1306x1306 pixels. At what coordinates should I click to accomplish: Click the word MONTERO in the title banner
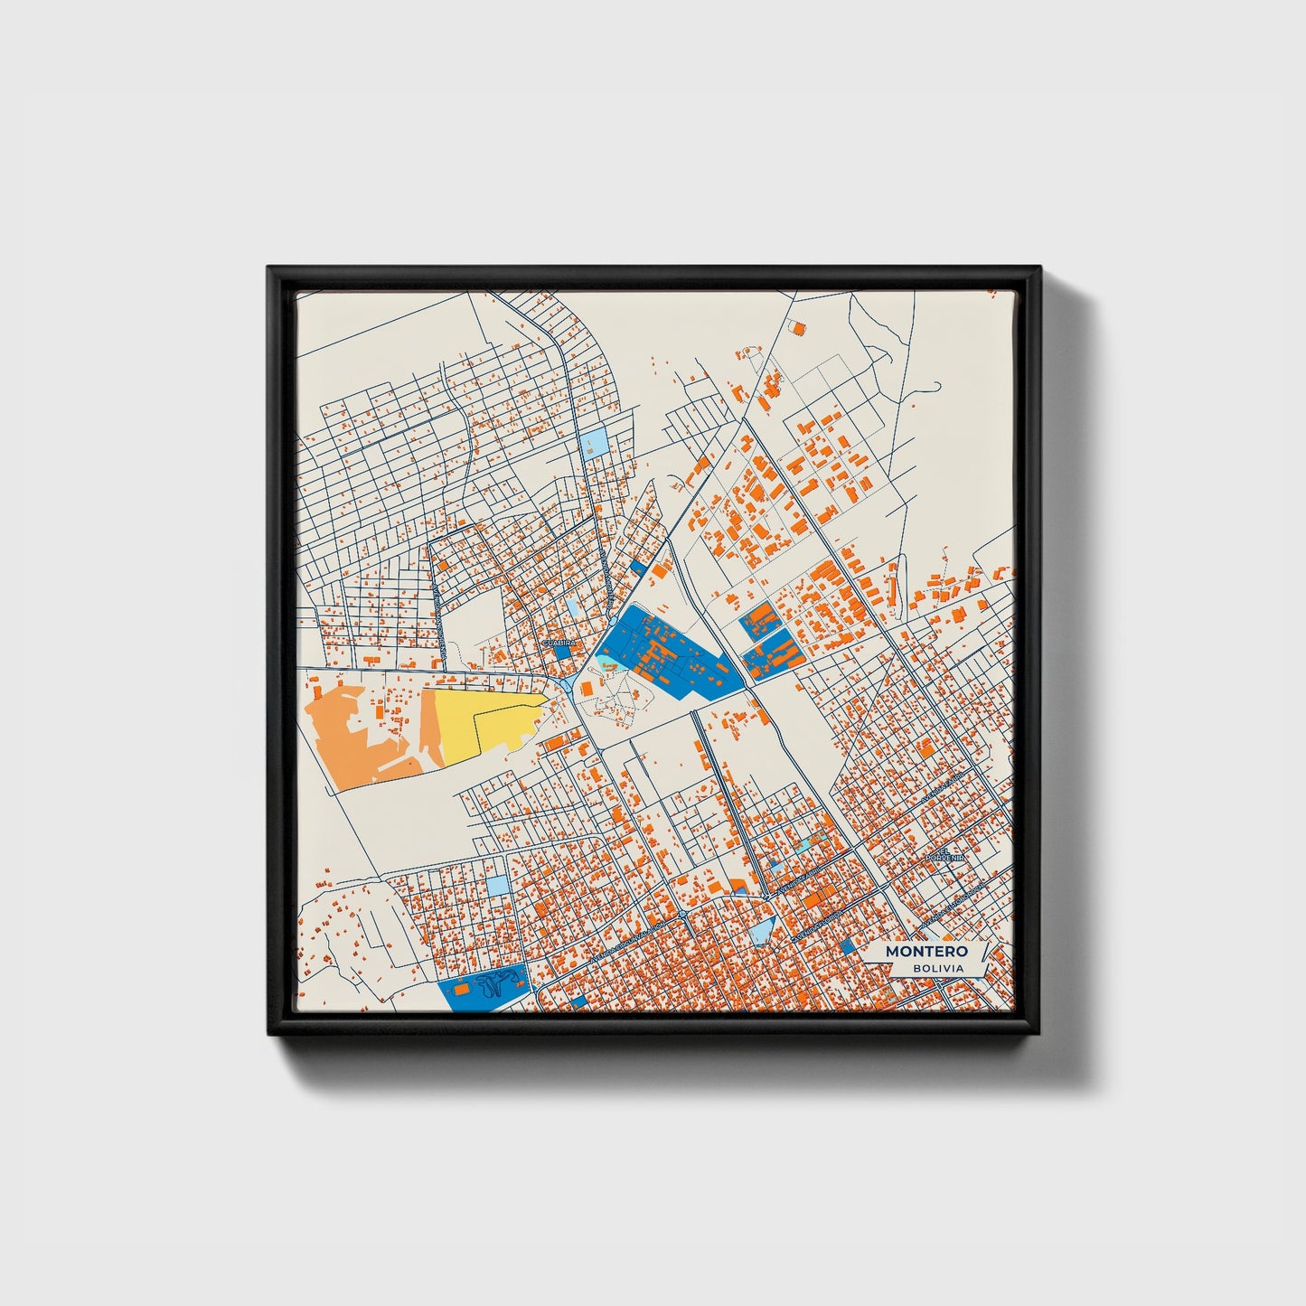pos(925,951)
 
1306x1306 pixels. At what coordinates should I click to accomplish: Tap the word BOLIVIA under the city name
pos(937,969)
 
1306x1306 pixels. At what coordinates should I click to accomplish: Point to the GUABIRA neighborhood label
pos(558,642)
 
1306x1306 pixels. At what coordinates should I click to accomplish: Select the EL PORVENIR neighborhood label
pos(951,854)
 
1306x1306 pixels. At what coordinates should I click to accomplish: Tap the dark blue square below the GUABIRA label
pos(562,650)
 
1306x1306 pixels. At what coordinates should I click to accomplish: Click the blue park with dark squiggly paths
pos(484,990)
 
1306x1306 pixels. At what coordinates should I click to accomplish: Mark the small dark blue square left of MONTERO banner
pos(847,945)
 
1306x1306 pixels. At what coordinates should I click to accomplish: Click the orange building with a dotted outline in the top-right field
pos(798,330)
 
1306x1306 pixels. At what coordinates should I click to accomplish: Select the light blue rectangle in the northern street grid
pos(597,443)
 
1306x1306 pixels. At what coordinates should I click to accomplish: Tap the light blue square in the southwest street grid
pos(498,885)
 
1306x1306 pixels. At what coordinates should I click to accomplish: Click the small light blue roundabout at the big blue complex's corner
pos(566,684)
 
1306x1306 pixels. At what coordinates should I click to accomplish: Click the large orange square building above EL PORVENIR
pos(925,747)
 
